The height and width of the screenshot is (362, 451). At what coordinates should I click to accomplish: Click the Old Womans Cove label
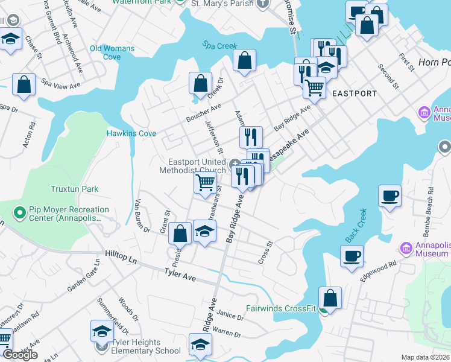point(105,52)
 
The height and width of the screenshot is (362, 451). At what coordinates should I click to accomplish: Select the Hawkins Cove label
point(131,133)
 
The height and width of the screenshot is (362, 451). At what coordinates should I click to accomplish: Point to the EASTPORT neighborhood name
point(354,94)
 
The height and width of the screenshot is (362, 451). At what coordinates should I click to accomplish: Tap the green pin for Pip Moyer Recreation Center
point(19,213)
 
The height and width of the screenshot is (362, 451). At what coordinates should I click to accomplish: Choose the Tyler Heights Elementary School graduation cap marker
point(102,332)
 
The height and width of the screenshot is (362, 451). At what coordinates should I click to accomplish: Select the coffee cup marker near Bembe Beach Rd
point(390,197)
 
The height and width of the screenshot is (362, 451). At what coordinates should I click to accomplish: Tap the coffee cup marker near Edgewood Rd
point(352,255)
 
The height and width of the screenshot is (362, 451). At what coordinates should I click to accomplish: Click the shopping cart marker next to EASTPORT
point(314,88)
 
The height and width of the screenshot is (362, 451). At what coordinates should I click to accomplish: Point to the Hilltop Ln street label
point(123,256)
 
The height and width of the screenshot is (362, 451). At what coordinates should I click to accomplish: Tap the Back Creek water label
point(357,230)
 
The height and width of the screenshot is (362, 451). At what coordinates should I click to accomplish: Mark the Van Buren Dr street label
point(142,215)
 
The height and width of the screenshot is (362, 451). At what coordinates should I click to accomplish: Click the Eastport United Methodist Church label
point(197,165)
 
